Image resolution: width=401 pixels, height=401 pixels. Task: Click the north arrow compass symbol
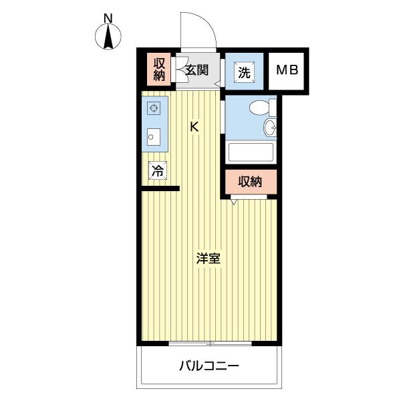click(x=109, y=37)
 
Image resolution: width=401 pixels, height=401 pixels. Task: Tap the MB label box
click(x=287, y=70)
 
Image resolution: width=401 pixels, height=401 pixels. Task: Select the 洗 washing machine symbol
click(x=243, y=72)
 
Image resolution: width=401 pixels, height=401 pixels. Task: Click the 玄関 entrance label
click(x=197, y=70)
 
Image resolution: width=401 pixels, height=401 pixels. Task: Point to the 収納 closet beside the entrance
click(x=159, y=70)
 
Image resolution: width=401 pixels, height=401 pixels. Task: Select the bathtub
click(x=251, y=152)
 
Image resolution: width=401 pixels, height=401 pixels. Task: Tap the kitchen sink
click(x=154, y=137)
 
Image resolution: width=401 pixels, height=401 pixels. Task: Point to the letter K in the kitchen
click(x=194, y=126)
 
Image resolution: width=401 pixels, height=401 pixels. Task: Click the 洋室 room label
click(x=208, y=259)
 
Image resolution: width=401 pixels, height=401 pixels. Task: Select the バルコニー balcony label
click(x=209, y=366)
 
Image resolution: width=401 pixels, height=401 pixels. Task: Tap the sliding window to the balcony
click(x=210, y=344)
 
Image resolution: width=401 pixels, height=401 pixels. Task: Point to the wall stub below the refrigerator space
click(x=160, y=189)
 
